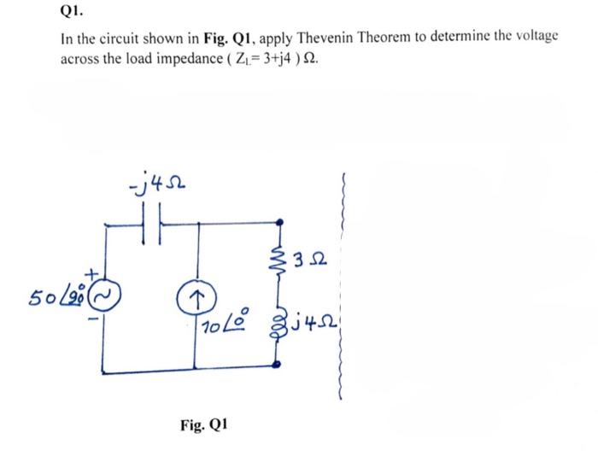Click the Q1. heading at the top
coord(71,13)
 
